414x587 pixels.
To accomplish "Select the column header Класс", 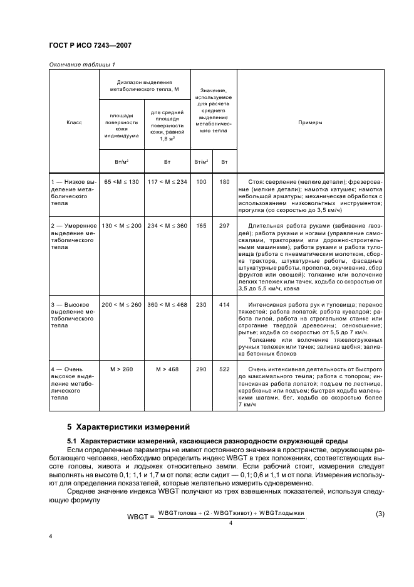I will pos(74,123).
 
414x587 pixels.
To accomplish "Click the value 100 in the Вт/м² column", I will pos(201,181).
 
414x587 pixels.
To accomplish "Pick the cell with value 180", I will pos(225,181).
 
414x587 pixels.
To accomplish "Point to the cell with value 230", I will pos(201,304).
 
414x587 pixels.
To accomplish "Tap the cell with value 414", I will pos(225,304).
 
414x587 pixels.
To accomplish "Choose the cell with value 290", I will pos(201,369).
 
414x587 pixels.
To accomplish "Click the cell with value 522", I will pos(225,369).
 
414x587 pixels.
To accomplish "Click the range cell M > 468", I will pos(167,369).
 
